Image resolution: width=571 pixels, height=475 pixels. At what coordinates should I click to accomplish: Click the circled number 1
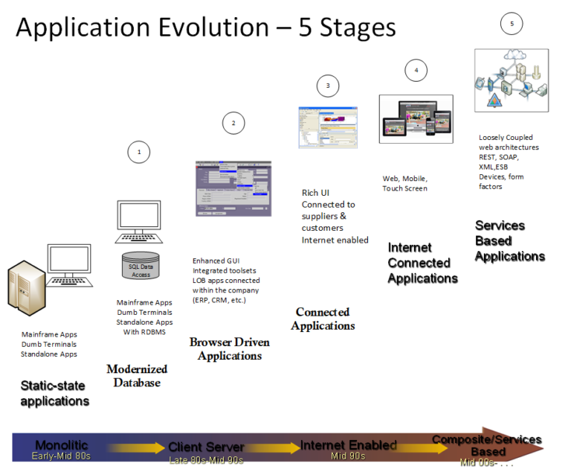pos(138,152)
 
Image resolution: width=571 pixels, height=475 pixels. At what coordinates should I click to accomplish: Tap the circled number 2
pos(233,123)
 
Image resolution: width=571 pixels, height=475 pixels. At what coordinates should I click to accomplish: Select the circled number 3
pos(327,86)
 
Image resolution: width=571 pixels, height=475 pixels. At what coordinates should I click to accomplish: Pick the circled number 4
pos(416,70)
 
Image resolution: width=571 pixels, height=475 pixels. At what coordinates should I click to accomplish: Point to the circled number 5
pos(512,24)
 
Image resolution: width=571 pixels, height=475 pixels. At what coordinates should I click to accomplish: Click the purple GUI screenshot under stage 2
pos(233,188)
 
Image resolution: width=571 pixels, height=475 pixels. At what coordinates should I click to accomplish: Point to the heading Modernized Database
pos(137,376)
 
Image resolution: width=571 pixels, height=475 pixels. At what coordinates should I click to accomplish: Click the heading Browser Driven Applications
pos(229,349)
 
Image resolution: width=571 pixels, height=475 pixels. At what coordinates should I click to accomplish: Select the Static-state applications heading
pos(54,393)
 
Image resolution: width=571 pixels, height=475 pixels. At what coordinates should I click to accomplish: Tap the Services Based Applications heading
pos(510,240)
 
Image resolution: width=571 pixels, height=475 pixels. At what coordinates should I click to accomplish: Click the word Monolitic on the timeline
pos(62,444)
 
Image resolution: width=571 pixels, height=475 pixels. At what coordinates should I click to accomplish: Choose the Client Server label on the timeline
pos(206,447)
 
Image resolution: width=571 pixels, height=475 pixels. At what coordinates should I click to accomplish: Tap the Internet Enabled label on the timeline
pos(349,445)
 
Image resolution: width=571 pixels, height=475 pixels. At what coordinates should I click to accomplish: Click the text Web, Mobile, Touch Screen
pos(405,184)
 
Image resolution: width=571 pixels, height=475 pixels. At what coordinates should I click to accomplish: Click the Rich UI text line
pos(315,193)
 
